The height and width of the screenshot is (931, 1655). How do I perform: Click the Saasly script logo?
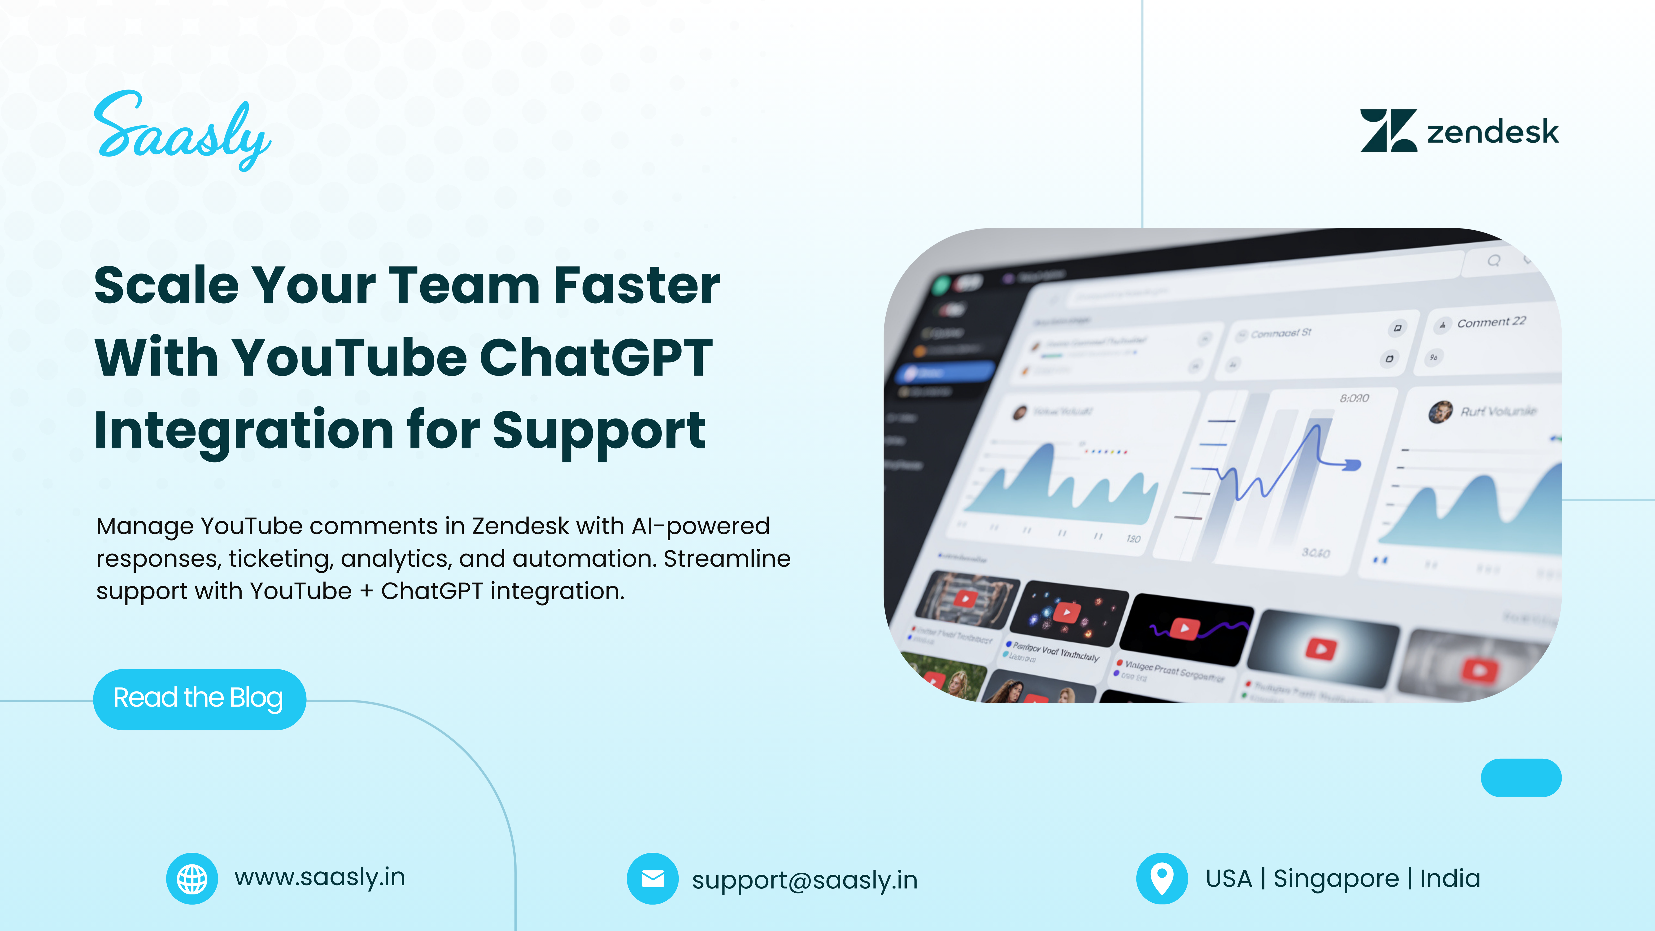point(182,132)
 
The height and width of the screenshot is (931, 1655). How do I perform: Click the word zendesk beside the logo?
point(1492,132)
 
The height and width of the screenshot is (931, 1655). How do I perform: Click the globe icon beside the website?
point(192,878)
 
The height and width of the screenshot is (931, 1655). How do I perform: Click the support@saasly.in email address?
point(804,880)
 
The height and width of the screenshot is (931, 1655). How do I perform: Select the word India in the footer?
point(1449,878)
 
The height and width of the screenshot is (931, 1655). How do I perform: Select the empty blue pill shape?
point(1521,778)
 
